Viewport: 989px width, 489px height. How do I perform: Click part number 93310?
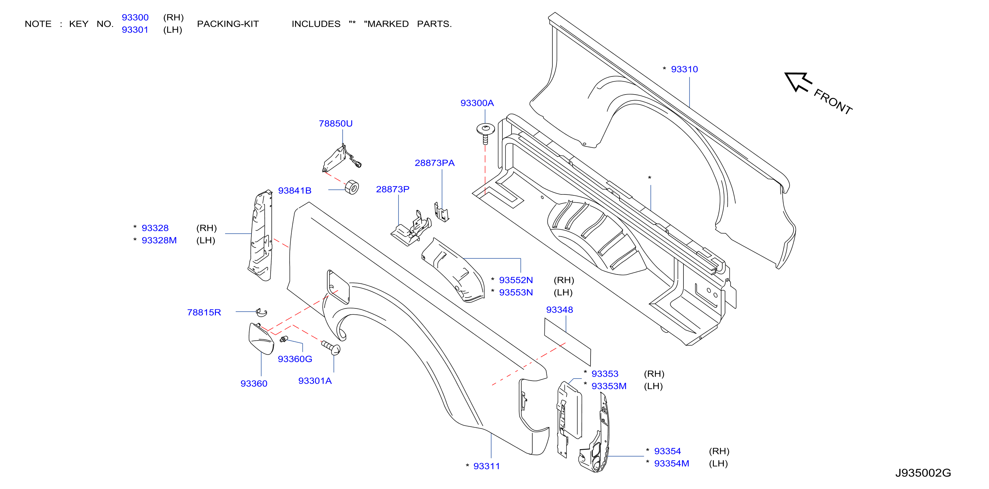684,70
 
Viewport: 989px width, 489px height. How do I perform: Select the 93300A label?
477,103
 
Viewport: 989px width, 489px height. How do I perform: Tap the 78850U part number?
335,124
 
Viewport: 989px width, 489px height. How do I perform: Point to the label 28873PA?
435,163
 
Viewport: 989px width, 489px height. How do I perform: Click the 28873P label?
393,189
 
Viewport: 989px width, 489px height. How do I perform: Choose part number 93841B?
295,191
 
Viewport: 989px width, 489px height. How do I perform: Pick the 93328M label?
159,241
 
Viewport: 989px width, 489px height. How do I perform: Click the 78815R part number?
204,313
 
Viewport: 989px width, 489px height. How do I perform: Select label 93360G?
295,359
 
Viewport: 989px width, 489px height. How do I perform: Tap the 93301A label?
315,381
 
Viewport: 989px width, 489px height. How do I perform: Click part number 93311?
486,466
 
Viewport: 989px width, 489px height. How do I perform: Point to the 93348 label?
559,310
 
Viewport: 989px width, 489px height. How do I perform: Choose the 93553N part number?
516,293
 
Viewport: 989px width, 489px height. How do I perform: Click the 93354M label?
672,464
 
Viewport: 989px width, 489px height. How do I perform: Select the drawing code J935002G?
923,473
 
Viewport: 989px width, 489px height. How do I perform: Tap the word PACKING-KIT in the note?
228,24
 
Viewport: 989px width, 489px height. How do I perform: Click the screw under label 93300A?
485,133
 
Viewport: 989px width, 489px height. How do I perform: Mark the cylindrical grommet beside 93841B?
352,187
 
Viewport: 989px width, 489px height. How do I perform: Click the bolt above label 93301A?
331,347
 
